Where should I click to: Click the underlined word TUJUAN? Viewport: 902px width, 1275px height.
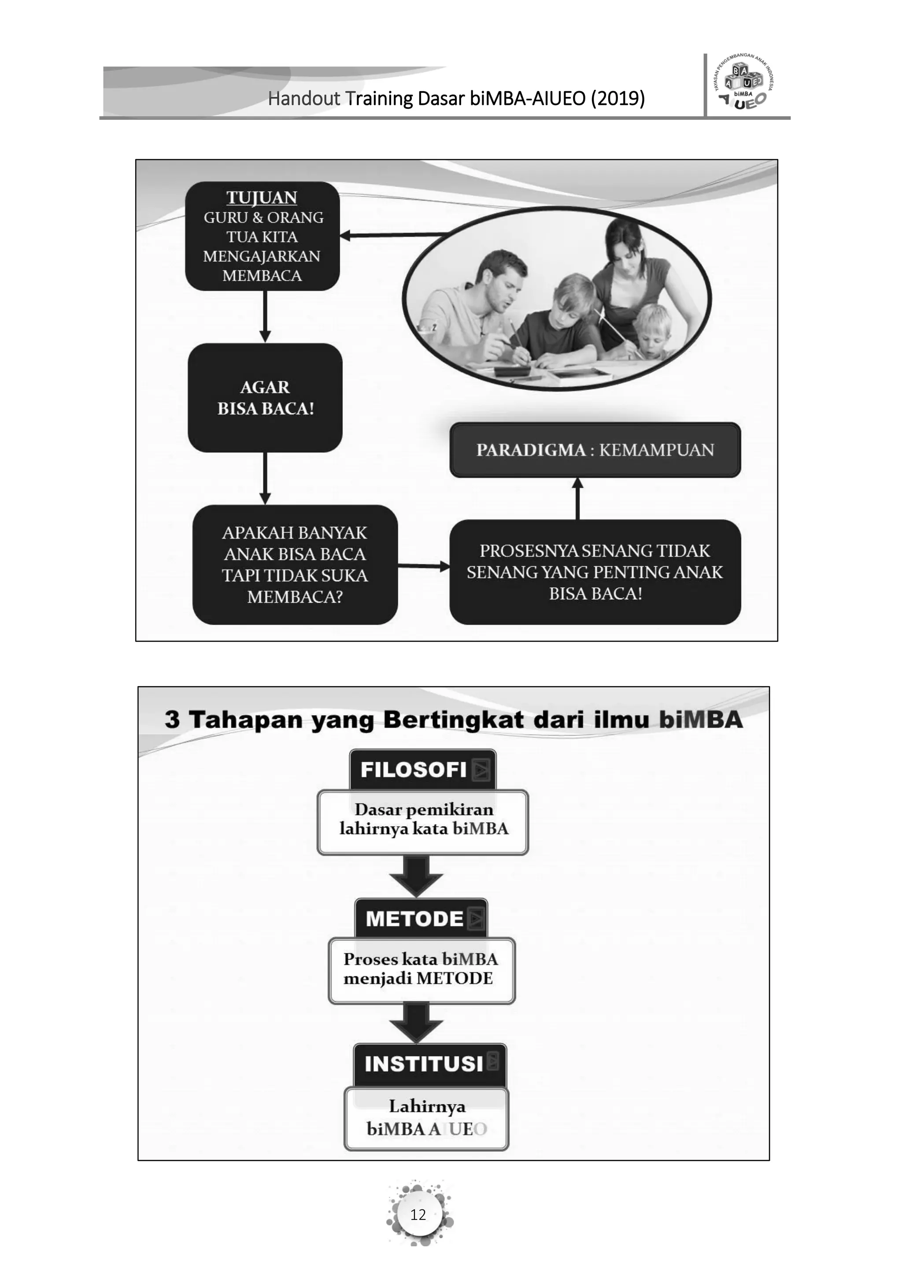(x=262, y=198)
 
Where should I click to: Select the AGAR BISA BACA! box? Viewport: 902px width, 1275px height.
(x=265, y=398)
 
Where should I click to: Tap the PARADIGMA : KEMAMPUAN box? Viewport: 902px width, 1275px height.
(x=595, y=450)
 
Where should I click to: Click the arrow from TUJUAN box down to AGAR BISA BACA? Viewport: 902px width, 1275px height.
(x=265, y=317)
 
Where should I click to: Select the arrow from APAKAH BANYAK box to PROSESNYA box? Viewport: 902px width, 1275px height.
(x=424, y=566)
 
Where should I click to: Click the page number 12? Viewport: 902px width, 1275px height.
(x=418, y=1215)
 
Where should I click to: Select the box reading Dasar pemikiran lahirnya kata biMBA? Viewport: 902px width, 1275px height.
(x=423, y=822)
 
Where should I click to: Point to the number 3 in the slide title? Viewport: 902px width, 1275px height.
(x=172, y=720)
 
